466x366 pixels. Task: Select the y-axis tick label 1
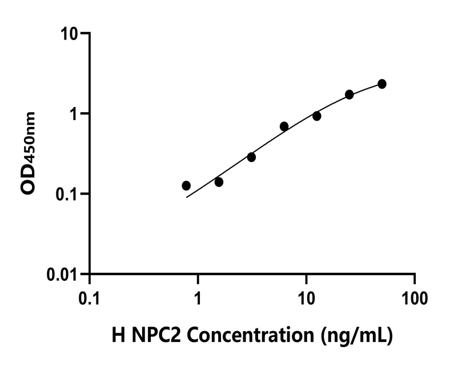pyautogui.click(x=76, y=114)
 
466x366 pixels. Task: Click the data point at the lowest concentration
pyautogui.click(x=186, y=185)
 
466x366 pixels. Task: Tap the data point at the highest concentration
pyautogui.click(x=382, y=84)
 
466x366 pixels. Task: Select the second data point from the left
pyautogui.click(x=219, y=182)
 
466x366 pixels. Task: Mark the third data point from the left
pyautogui.click(x=251, y=157)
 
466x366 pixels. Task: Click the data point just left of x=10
pyautogui.click(x=284, y=126)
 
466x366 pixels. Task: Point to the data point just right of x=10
pyautogui.click(x=316, y=116)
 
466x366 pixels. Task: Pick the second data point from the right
pyautogui.click(x=349, y=94)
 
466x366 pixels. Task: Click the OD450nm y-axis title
pyautogui.click(x=28, y=153)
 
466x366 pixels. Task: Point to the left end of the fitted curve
pyautogui.click(x=187, y=197)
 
